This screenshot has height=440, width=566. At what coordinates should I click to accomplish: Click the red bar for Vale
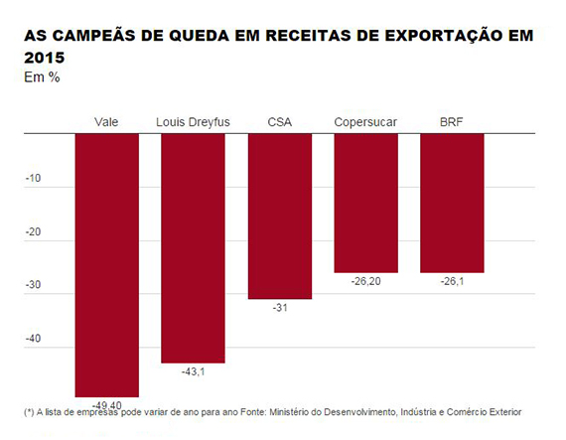(107, 265)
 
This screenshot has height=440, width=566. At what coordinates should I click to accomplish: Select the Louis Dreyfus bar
(193, 248)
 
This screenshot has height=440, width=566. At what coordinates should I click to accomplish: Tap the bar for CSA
(280, 217)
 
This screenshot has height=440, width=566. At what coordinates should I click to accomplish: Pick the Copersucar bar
(366, 204)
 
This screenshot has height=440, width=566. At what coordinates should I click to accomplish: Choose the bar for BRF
(452, 204)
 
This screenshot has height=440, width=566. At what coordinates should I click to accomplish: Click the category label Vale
(106, 122)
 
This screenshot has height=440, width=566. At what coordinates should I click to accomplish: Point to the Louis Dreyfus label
(193, 122)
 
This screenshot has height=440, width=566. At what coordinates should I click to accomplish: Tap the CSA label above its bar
(280, 122)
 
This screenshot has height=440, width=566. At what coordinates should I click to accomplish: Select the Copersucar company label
(365, 122)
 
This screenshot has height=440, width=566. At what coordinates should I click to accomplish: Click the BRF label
(451, 122)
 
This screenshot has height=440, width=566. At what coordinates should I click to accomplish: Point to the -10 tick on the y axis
(33, 179)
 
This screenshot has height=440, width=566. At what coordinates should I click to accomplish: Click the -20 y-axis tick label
(33, 231)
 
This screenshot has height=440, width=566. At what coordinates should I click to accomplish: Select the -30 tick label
(33, 285)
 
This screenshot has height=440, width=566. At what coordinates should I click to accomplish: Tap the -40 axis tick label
(33, 339)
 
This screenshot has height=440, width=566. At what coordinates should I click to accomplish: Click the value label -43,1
(193, 371)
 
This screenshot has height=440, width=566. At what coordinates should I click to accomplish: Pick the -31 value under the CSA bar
(280, 308)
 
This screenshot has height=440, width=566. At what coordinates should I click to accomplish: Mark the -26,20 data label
(366, 281)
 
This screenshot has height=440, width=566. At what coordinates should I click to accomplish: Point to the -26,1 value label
(452, 281)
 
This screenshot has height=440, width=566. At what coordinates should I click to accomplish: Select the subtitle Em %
(42, 77)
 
